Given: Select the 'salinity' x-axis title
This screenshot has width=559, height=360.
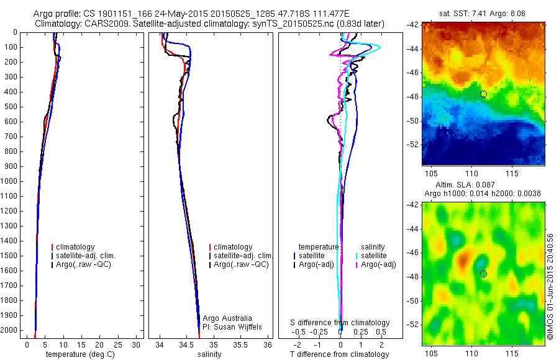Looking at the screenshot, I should click(x=210, y=354).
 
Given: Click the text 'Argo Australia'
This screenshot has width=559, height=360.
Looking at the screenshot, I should click(x=227, y=318).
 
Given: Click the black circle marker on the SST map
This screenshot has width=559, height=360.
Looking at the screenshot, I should click(x=483, y=94).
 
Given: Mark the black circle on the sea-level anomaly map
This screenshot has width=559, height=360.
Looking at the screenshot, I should click(x=483, y=274).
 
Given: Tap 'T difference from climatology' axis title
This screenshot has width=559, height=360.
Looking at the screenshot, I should click(x=339, y=354).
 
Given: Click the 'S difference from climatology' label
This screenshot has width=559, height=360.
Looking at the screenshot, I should click(x=340, y=323).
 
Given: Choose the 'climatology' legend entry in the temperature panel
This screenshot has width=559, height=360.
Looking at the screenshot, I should click(x=76, y=247).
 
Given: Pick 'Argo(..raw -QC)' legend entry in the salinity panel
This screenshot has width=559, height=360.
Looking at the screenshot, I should click(x=241, y=264).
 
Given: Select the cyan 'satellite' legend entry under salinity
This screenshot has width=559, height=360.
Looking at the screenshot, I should click(x=374, y=256).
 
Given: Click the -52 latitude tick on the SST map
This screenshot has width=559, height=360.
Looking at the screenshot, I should click(x=414, y=144).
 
